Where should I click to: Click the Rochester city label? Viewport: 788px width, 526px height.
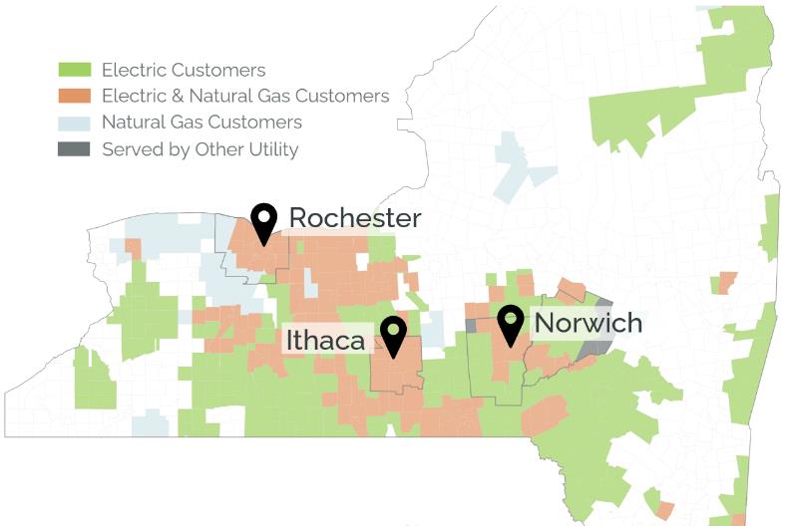tap(355, 218)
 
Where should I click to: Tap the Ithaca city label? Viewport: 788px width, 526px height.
tap(325, 340)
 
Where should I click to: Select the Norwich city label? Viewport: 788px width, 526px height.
tap(589, 323)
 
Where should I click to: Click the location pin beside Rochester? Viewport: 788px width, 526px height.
tap(263, 221)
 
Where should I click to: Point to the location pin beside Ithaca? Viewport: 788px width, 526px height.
tap(394, 335)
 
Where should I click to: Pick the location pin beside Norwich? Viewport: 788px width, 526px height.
tap(511, 323)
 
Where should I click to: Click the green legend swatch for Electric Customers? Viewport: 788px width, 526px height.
tap(75, 70)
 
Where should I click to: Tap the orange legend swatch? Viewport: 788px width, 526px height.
tap(75, 97)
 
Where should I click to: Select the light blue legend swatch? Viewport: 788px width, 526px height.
tap(75, 123)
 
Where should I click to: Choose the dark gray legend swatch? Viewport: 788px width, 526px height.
tap(75, 149)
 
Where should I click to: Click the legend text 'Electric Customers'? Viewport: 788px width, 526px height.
tap(184, 70)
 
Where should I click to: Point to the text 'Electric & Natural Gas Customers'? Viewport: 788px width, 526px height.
tap(245, 97)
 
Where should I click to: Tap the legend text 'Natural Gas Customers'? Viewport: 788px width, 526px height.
tap(201, 123)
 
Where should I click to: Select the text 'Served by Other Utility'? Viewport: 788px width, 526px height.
tap(199, 149)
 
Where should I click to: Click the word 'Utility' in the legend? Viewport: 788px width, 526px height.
tap(272, 149)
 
